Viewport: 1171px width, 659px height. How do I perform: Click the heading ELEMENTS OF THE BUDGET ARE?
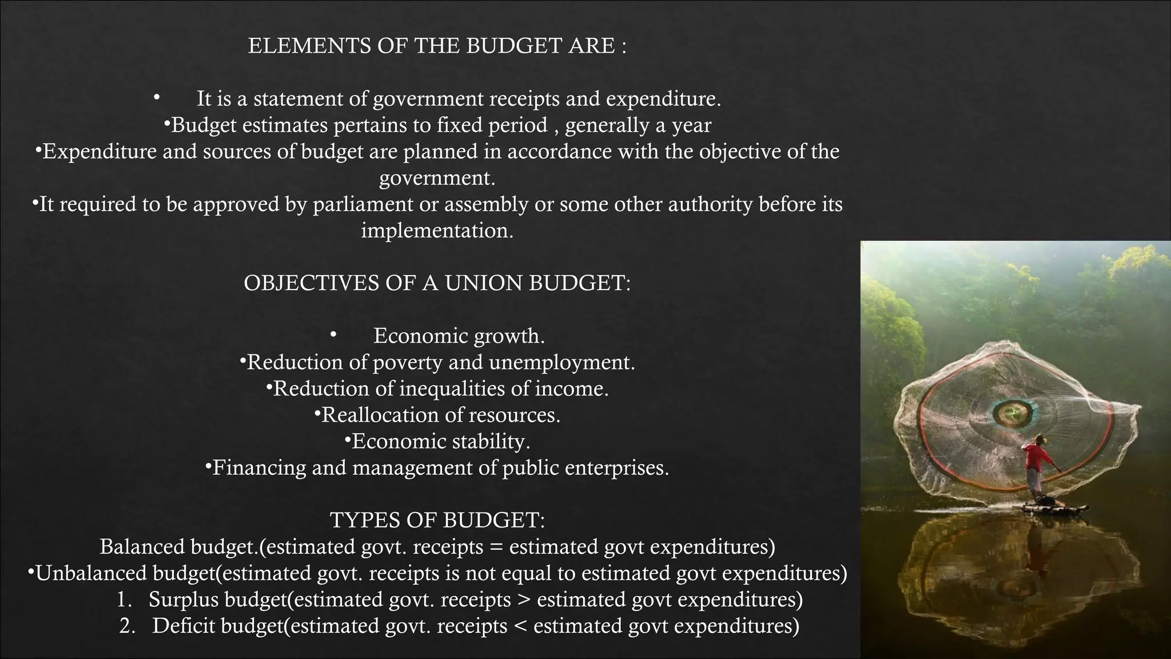click(437, 46)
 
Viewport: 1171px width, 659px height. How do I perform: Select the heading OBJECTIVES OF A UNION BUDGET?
click(437, 283)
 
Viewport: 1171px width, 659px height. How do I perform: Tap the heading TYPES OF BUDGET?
click(437, 520)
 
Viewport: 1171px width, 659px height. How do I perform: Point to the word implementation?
click(437, 231)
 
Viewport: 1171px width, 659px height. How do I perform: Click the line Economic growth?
click(459, 336)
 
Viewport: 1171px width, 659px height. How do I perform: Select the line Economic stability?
click(441, 441)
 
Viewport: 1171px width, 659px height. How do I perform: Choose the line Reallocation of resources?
click(441, 415)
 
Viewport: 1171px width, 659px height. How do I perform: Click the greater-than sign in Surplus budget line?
click(524, 600)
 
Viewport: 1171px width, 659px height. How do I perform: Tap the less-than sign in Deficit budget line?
click(520, 626)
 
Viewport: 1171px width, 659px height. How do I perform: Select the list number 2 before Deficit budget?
click(126, 626)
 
